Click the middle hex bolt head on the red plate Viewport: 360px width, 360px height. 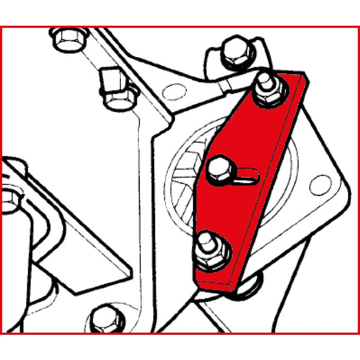pyautogui.click(x=218, y=169)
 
